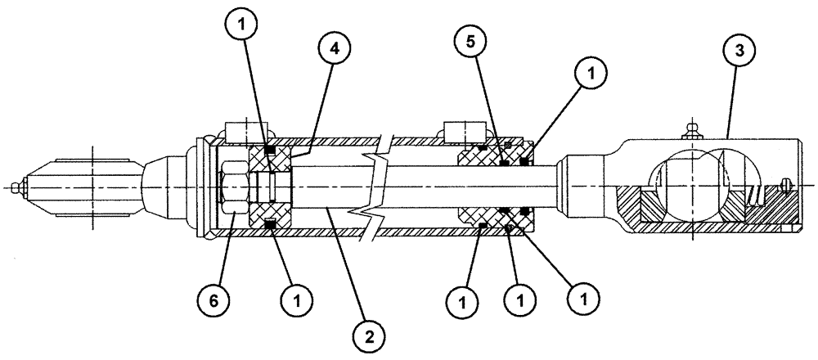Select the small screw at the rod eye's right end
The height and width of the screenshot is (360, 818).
[x=787, y=184]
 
